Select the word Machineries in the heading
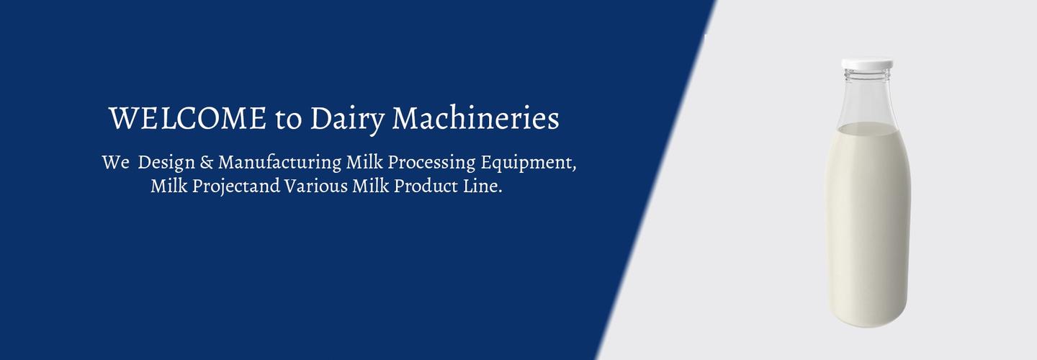click(475, 119)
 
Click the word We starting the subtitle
click(115, 162)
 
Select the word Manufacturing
click(279, 163)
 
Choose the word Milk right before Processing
click(364, 162)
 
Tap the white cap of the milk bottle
click(867, 64)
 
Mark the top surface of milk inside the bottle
click(867, 129)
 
